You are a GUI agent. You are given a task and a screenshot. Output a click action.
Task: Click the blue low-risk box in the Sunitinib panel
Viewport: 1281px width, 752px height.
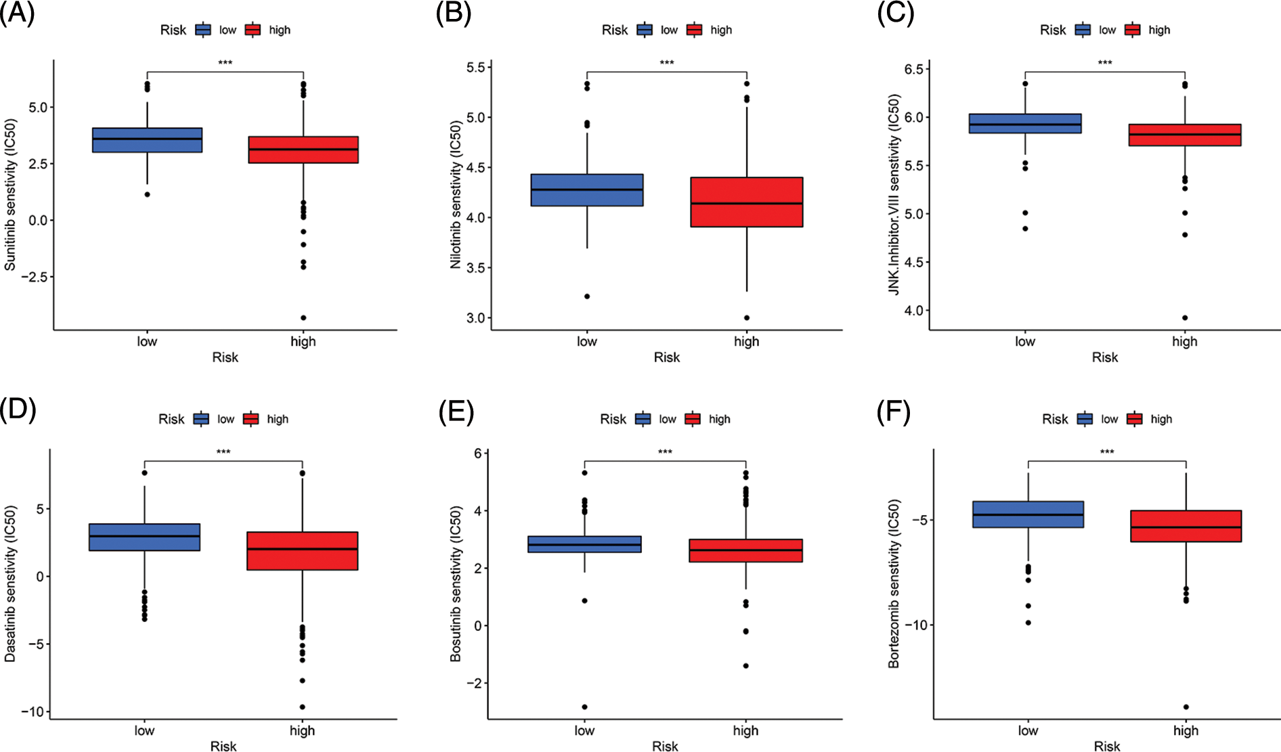pos(147,140)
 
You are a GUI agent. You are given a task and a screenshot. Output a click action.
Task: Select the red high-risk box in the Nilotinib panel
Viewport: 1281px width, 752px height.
pos(746,202)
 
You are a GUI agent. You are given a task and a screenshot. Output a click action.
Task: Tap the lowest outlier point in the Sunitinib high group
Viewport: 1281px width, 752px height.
pos(303,317)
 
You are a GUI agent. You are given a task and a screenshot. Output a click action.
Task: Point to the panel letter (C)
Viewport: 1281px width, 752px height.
pos(895,14)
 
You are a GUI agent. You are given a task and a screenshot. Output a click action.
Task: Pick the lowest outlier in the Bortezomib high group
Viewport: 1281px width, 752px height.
pos(1186,707)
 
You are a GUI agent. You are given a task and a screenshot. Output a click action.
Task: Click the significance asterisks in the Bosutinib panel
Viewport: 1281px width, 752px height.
pos(665,452)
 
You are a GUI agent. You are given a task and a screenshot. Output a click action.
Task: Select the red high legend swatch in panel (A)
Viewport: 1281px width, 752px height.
pos(253,30)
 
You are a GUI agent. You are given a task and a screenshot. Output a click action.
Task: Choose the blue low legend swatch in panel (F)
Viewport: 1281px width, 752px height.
pos(1085,419)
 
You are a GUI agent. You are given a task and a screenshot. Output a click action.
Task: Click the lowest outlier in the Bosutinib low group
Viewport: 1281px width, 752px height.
pos(584,707)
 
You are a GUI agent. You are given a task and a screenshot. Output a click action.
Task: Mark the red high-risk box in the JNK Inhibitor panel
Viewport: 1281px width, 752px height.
pos(1184,135)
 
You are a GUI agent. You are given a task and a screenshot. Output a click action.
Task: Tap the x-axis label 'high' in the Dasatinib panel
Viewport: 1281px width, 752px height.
pos(302,730)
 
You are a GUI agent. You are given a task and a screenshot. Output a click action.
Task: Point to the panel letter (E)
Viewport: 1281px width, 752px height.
pos(456,411)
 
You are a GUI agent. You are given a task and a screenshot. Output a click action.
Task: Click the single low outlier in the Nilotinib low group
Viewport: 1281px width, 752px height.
pos(587,296)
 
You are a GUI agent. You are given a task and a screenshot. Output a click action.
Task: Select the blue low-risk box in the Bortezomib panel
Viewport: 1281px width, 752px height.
pos(1028,514)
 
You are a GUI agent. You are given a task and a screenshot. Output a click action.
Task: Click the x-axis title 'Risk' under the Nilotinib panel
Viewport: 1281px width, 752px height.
pos(666,357)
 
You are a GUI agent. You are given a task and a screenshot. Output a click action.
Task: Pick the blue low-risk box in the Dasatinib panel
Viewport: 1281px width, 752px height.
pos(144,537)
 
